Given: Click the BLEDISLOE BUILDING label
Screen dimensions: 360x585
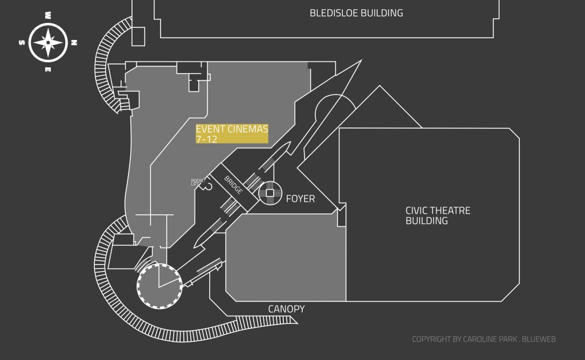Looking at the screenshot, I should pyautogui.click(x=356, y=13).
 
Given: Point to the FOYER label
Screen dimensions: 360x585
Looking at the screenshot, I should pyautogui.click(x=300, y=199).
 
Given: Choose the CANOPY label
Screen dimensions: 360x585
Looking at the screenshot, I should pyautogui.click(x=286, y=309).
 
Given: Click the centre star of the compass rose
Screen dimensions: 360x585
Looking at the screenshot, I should pyautogui.click(x=48, y=42).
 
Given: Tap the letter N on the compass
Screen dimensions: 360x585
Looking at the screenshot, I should pyautogui.click(x=74, y=42).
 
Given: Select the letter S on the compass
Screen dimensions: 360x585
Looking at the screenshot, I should pyautogui.click(x=22, y=42).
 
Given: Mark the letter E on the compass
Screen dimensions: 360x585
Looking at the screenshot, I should pyautogui.click(x=48, y=69).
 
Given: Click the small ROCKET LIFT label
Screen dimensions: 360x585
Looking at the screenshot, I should pyautogui.click(x=198, y=182).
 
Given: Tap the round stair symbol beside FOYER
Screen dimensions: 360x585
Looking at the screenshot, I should pyautogui.click(x=270, y=193).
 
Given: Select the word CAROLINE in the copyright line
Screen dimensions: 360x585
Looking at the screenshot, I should pyautogui.click(x=484, y=339).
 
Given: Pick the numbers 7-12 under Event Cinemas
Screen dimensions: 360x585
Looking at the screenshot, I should pyautogui.click(x=206, y=139).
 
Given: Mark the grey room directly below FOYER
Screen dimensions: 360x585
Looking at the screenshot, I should pyautogui.click(x=286, y=257).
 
